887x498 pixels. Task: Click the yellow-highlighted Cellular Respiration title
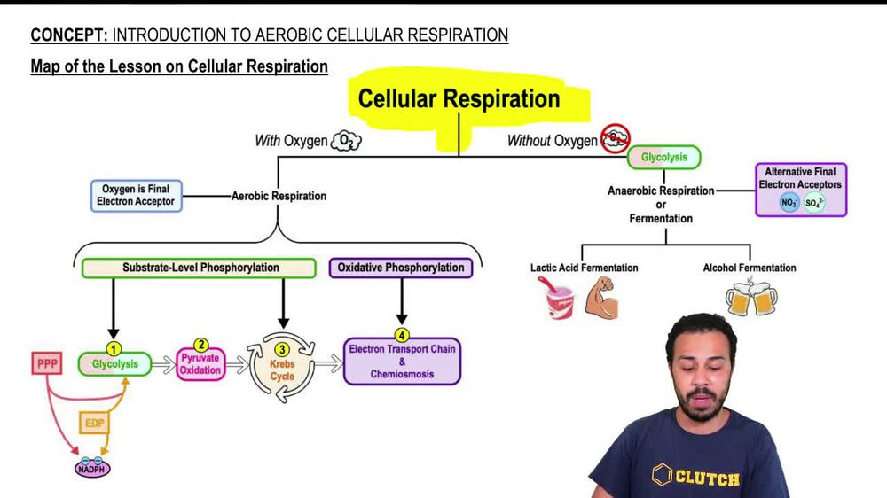459,98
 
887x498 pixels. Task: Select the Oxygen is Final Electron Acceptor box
136,196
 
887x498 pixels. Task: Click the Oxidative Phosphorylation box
401,268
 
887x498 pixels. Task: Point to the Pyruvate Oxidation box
200,363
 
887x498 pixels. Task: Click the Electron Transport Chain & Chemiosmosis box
402,362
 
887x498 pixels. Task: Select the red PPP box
47,363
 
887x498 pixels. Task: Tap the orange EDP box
95,424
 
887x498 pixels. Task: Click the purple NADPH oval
92,467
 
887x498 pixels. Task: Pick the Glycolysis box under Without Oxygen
664,158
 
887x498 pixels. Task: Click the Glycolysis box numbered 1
114,363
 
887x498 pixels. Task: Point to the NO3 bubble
788,203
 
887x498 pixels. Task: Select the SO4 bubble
814,203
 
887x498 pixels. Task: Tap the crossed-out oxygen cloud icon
615,138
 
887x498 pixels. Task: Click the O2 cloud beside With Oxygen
346,141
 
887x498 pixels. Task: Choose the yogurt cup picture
555,299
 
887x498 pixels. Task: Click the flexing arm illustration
601,299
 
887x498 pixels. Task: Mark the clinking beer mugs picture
750,300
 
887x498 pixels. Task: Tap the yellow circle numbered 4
402,336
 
